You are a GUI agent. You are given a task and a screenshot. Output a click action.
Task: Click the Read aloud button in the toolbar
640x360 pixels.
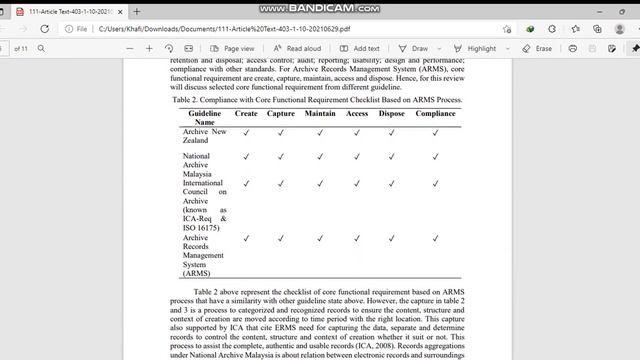pyautogui.click(x=297, y=48)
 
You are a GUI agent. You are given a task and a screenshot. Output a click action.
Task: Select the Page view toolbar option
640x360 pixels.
pyautogui.click(x=232, y=48)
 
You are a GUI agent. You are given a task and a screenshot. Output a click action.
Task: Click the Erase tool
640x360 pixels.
pyautogui.click(x=537, y=48)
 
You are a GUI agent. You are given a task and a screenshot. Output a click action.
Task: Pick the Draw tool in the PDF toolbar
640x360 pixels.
pyautogui.click(x=413, y=48)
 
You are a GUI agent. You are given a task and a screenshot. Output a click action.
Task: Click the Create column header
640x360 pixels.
pyautogui.click(x=245, y=114)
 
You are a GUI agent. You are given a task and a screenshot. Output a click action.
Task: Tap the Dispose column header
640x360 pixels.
pyautogui.click(x=392, y=114)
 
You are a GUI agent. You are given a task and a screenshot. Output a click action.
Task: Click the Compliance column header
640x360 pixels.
pyautogui.click(x=435, y=114)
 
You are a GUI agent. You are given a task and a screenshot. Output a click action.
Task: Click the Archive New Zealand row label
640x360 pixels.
pyautogui.click(x=204, y=136)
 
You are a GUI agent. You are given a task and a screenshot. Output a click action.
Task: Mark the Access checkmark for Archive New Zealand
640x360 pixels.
pyautogui.click(x=357, y=132)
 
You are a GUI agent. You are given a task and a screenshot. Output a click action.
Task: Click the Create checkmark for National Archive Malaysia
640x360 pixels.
pyautogui.click(x=245, y=156)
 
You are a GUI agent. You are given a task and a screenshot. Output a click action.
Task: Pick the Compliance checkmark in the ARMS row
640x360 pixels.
pyautogui.click(x=435, y=238)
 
